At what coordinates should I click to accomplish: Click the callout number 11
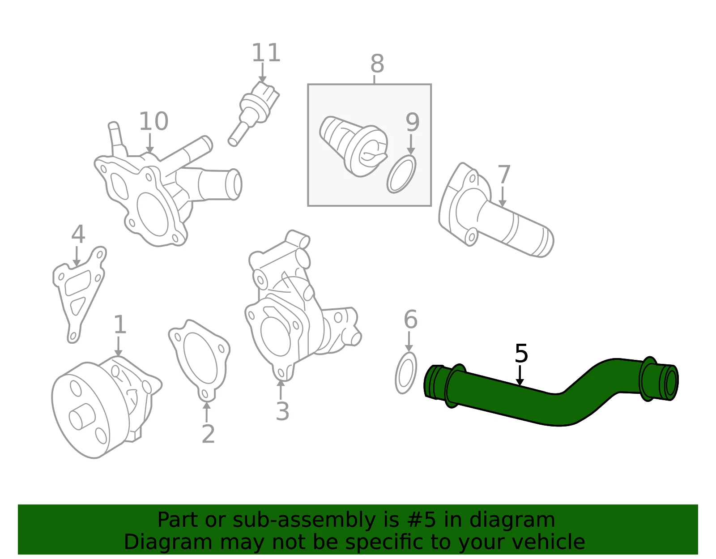[x=266, y=53]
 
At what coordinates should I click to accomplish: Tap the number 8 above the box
[x=377, y=64]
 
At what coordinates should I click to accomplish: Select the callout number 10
[x=153, y=121]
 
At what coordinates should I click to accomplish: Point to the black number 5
[x=521, y=354]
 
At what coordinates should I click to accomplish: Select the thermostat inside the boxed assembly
[x=353, y=146]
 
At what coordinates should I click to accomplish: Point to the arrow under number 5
[x=520, y=375]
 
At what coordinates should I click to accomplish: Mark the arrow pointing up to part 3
[x=281, y=390]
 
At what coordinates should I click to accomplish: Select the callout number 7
[x=504, y=175]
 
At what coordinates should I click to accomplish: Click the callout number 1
[x=119, y=324]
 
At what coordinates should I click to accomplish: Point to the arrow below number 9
[x=411, y=144]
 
